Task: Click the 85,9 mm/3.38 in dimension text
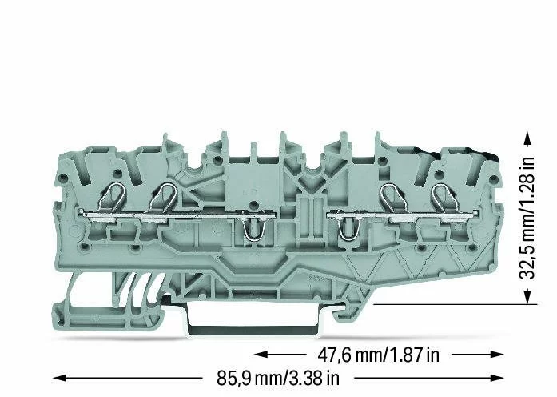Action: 278,378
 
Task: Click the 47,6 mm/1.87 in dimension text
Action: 378,355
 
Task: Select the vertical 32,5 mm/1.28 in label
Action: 527,218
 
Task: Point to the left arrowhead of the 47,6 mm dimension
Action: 261,355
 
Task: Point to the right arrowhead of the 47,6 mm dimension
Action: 496,355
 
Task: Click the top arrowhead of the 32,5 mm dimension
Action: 527,138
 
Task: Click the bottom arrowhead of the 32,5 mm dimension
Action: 527,297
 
